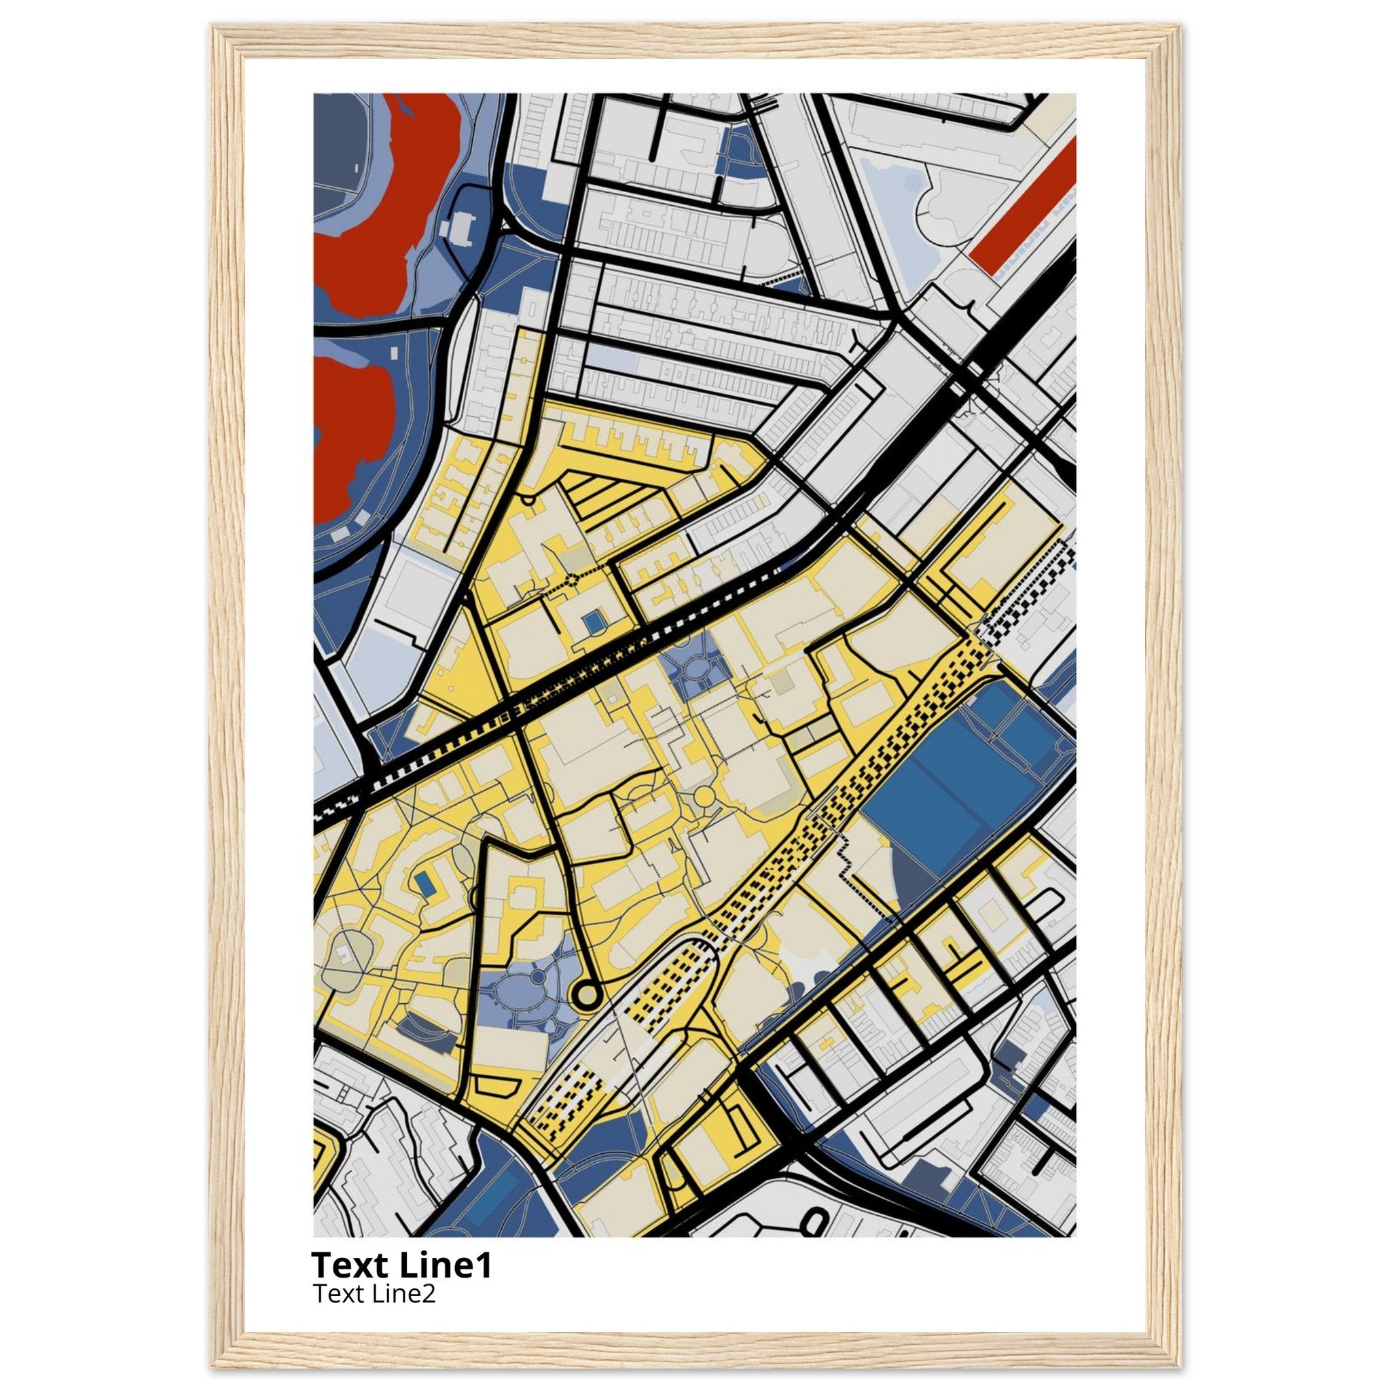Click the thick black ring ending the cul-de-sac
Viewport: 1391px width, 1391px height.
pos(587,995)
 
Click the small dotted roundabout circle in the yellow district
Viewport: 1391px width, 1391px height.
pos(572,578)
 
